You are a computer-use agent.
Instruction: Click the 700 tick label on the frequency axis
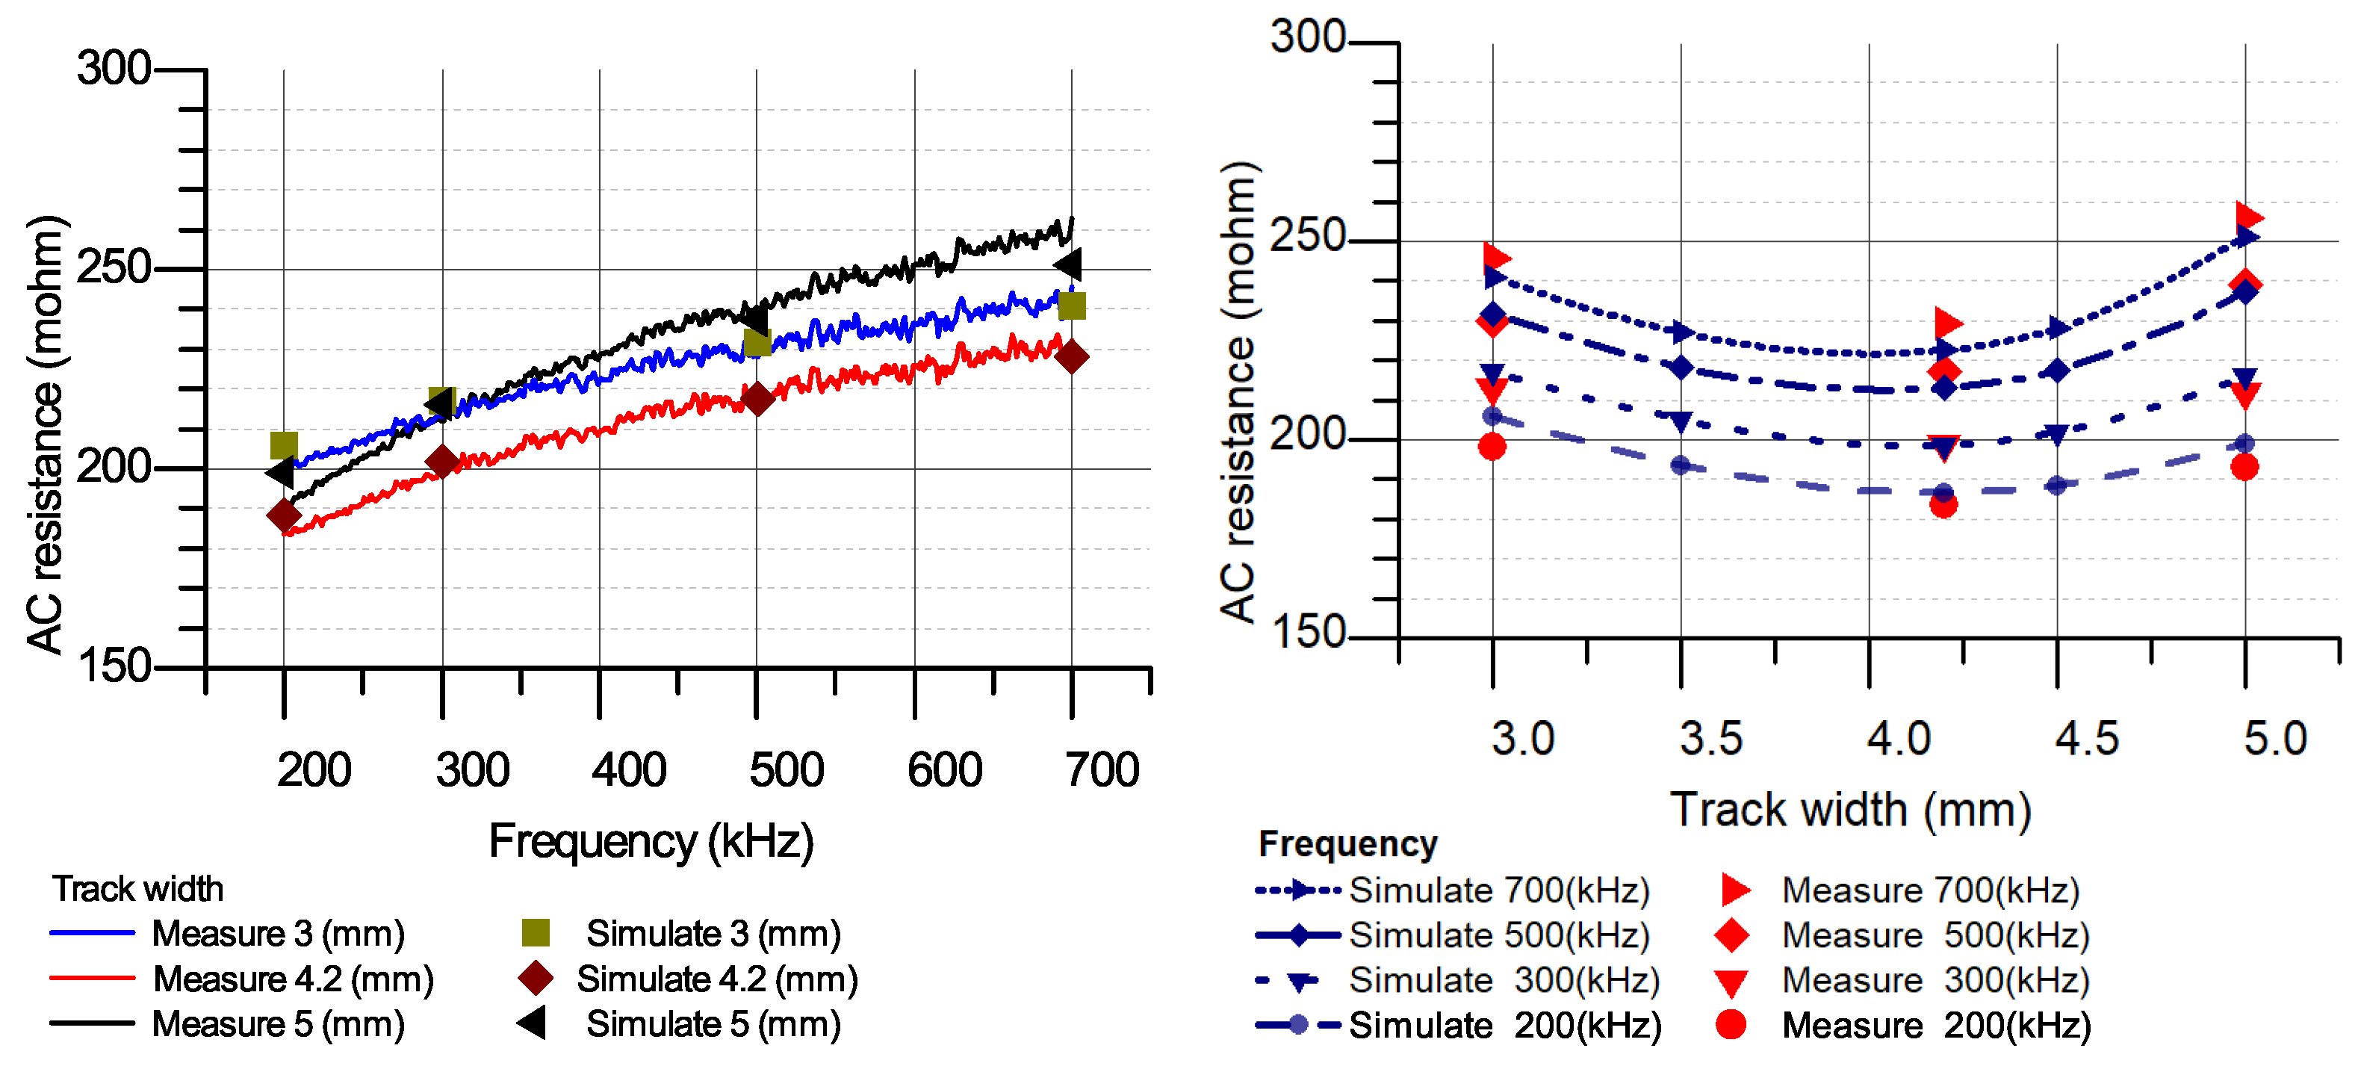click(x=1102, y=770)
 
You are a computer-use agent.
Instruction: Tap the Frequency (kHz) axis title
click(x=651, y=841)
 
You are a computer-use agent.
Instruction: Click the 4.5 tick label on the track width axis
click(x=2087, y=739)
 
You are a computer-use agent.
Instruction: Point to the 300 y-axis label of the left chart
click(x=114, y=69)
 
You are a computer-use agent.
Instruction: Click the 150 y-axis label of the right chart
click(x=1306, y=633)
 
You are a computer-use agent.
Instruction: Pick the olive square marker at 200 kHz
click(x=284, y=445)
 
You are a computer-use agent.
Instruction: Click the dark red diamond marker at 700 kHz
click(x=1071, y=356)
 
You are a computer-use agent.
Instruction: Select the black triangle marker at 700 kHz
click(x=1069, y=265)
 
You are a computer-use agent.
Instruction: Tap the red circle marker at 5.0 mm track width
click(x=2244, y=467)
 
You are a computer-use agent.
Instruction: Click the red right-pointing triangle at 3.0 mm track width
click(x=1497, y=258)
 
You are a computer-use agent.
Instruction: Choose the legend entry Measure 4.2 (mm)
click(x=294, y=979)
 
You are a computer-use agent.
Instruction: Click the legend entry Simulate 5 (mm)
click(x=713, y=1024)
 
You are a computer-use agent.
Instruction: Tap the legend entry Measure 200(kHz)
click(x=1936, y=1025)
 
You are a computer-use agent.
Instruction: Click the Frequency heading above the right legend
click(x=1347, y=844)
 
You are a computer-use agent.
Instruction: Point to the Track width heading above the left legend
click(x=137, y=889)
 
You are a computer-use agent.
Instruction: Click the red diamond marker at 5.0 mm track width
click(x=2245, y=282)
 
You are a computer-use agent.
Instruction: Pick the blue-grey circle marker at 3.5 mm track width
click(x=1680, y=465)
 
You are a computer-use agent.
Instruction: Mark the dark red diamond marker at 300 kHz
click(x=441, y=462)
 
